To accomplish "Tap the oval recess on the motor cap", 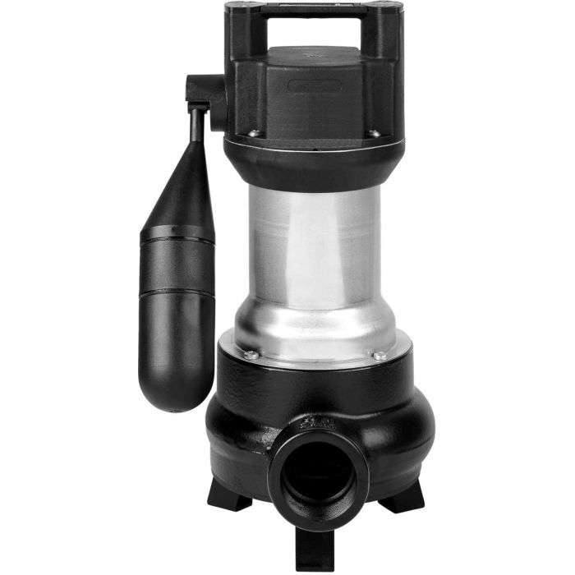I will coord(316,86).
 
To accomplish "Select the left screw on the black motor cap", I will coord(253,132).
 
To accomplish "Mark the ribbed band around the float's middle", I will coord(177,241).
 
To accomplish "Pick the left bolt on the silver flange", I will coord(247,355).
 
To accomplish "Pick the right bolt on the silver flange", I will coord(379,355).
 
